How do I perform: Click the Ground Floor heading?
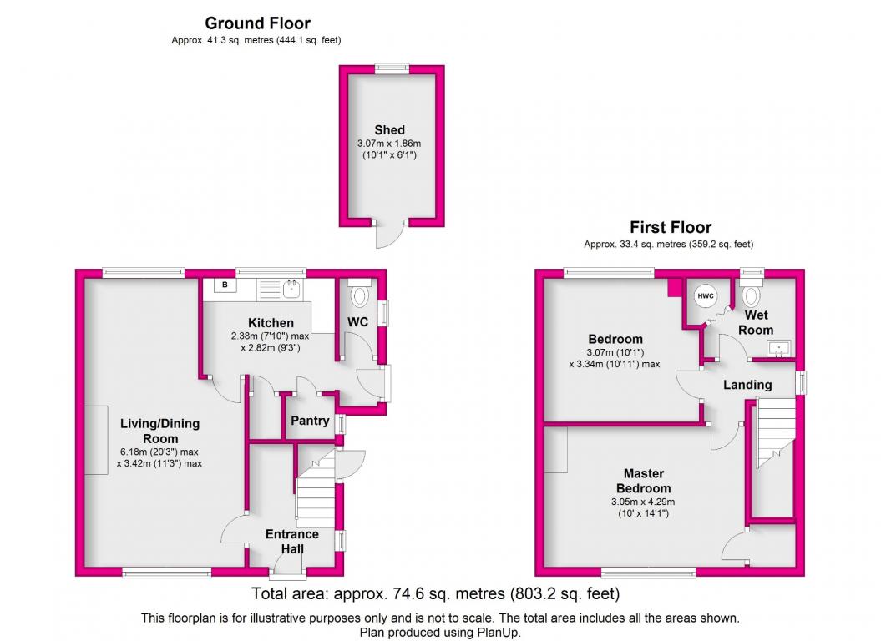click(257, 23)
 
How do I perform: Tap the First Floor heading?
click(671, 227)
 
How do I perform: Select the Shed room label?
click(389, 129)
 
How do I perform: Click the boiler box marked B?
click(225, 285)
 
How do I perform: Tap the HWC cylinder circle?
click(706, 296)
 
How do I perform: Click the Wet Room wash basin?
click(779, 348)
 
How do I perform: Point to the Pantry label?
click(310, 421)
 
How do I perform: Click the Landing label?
click(747, 385)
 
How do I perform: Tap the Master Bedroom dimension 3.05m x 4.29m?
click(643, 502)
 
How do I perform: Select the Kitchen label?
click(271, 322)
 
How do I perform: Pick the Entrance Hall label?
click(292, 542)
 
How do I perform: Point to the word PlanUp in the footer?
click(499, 632)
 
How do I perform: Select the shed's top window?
click(392, 68)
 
